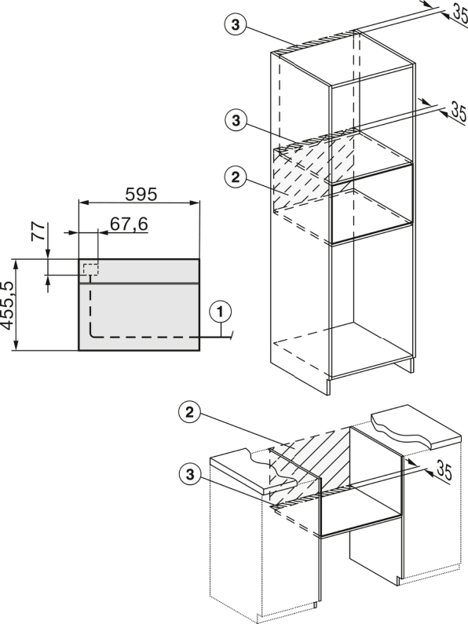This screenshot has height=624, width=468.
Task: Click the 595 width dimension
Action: tap(141, 194)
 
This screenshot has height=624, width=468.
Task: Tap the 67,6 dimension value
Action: tap(129, 224)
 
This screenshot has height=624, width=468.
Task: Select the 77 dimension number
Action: tap(38, 232)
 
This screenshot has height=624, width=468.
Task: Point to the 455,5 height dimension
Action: tap(8, 305)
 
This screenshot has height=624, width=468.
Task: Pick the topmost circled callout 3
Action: tap(236, 24)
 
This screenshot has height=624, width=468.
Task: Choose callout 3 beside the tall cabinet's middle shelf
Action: tap(236, 120)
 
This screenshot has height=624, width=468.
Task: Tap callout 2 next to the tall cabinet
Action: tap(236, 177)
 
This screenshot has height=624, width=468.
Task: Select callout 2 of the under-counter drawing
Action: tap(189, 412)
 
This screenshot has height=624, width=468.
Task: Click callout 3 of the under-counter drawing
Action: tap(190, 474)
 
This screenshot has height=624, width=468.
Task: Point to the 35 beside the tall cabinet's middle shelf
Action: tap(458, 111)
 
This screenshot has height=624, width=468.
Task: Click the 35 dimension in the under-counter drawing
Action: tap(444, 470)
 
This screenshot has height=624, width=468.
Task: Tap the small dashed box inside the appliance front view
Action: tap(91, 269)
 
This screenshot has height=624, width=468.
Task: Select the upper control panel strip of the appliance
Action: tap(139, 271)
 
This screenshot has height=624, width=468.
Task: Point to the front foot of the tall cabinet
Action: tap(328, 386)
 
